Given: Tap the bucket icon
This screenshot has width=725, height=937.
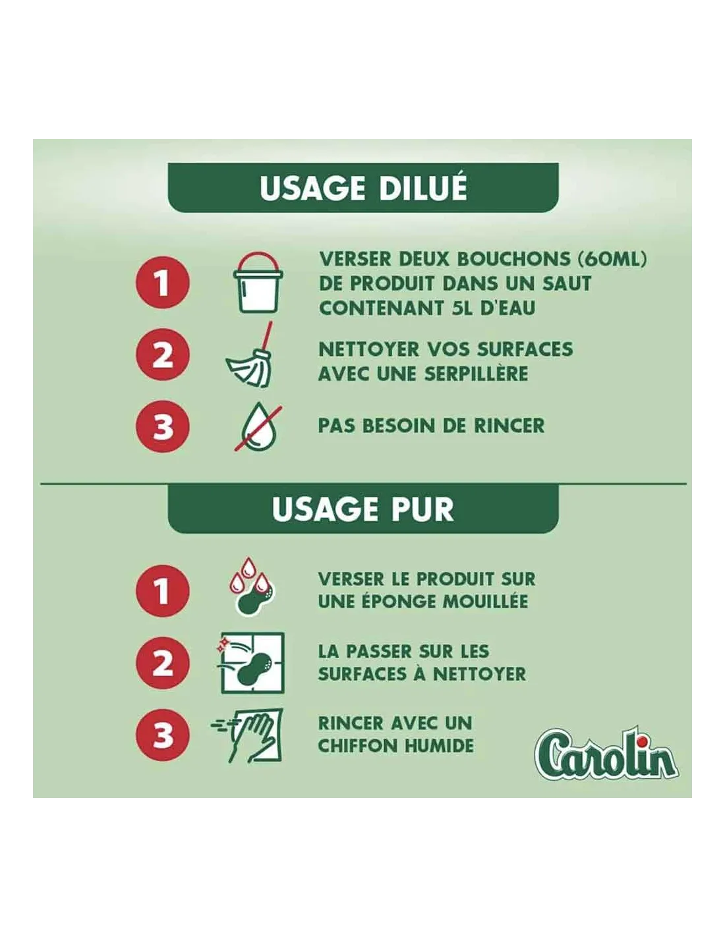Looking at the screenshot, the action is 258,283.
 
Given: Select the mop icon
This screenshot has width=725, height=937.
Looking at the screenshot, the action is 250,355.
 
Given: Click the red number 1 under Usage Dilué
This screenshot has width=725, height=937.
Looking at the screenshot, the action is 163,283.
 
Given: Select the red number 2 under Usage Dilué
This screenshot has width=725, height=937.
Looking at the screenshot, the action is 163,355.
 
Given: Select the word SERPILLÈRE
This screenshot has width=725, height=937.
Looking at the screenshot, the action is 476,374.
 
